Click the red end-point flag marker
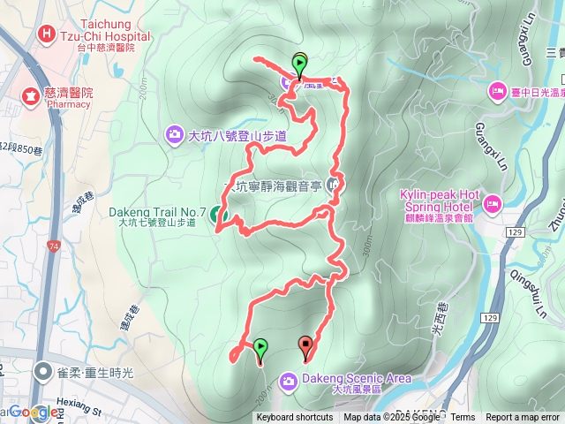pyautogui.click(x=306, y=345)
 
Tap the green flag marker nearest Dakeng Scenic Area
pyautogui.click(x=260, y=347)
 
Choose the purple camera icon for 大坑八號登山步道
pyautogui.click(x=174, y=135)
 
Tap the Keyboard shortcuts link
pyautogui.click(x=295, y=418)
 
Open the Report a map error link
pyautogui.click(x=523, y=418)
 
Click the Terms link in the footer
pyautogui.click(x=463, y=418)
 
